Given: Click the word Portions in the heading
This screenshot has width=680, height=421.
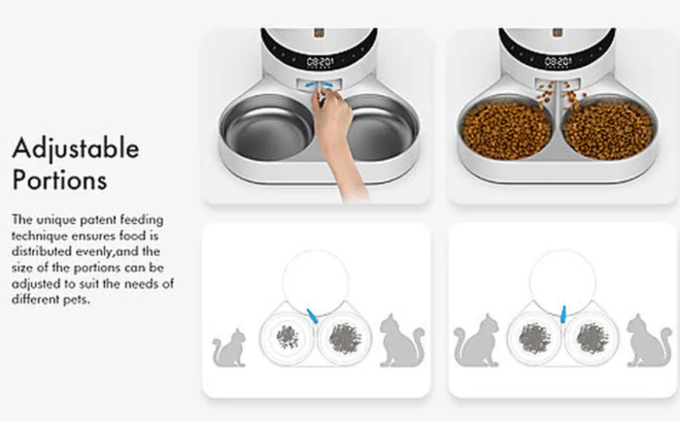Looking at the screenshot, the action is coord(60,180).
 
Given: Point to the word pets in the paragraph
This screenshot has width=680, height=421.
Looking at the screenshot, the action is coord(76,299).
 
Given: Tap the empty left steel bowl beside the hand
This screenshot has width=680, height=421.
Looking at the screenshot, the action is coord(267,127).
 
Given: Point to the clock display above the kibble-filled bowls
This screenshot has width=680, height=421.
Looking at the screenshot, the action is coord(558,62).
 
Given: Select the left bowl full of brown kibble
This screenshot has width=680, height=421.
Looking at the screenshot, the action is coord(505,129).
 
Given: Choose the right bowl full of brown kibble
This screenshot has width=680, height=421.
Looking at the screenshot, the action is coord(608,129).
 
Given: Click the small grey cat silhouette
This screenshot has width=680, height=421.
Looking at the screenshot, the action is coord(229,348).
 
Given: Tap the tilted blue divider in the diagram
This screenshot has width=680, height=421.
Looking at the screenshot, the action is coord(312,316).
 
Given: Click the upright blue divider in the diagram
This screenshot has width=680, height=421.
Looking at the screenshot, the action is coord(563,314).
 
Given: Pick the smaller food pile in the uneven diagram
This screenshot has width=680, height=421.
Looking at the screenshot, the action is coord(287,336).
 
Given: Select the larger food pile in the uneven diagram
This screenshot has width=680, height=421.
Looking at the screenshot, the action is coord(346,338).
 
